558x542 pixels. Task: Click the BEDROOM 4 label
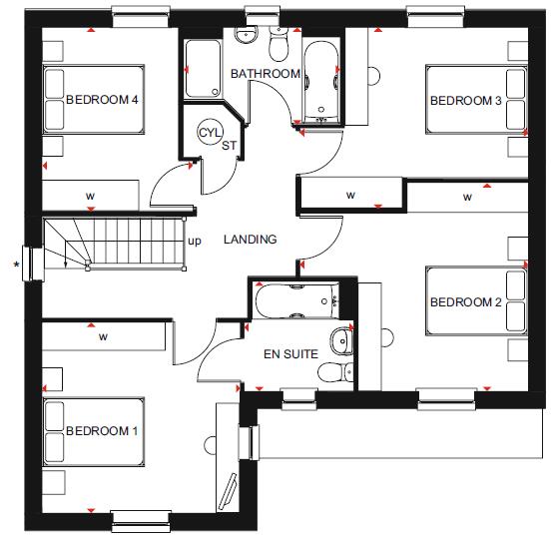tap(102, 99)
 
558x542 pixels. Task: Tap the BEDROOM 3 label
tap(466, 101)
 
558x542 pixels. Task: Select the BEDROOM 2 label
tap(466, 302)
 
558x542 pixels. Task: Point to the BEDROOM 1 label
tap(102, 431)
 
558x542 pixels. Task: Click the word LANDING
tap(251, 240)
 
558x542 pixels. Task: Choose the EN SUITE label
tap(290, 354)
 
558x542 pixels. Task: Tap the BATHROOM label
tap(266, 74)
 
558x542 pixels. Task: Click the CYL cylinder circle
tap(210, 132)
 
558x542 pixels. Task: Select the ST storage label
tap(229, 145)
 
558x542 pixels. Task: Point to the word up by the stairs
tap(195, 242)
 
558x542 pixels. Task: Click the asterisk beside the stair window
tap(16, 266)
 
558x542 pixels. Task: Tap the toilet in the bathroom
tap(279, 44)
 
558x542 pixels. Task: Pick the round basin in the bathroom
tap(246, 34)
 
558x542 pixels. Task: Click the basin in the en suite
tap(341, 341)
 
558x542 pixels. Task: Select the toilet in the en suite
tap(335, 372)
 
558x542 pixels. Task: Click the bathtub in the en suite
tap(297, 301)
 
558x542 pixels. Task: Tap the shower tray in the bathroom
tap(203, 69)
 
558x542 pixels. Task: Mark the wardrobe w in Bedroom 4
tap(91, 196)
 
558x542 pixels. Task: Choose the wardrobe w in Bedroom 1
tap(104, 336)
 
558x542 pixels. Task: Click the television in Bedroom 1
tap(229, 492)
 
